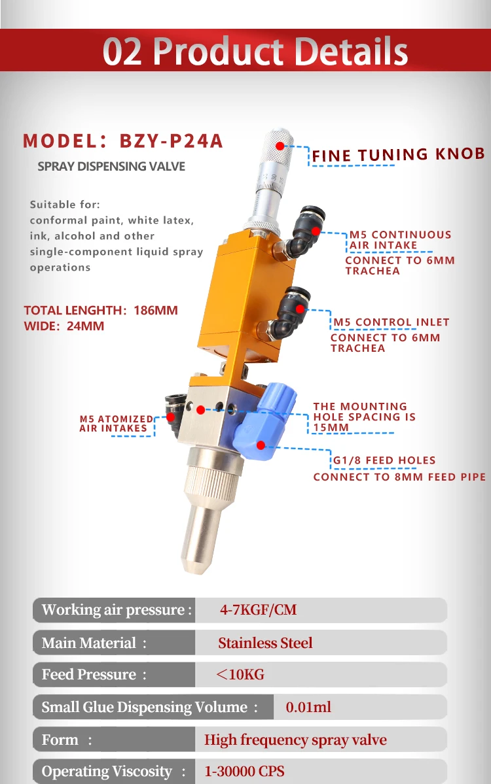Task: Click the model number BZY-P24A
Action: pyautogui.click(x=172, y=141)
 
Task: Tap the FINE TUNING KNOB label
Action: pyautogui.click(x=398, y=155)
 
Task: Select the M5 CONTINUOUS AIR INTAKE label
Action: pyautogui.click(x=400, y=239)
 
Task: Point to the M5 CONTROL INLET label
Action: pyautogui.click(x=391, y=322)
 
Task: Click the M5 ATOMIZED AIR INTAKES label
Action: pyautogui.click(x=116, y=424)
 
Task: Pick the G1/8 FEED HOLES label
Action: pyautogui.click(x=384, y=460)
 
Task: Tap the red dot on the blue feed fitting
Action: pyautogui.click(x=261, y=445)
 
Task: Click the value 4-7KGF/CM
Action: pyautogui.click(x=258, y=610)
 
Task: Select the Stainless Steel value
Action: pyautogui.click(x=265, y=643)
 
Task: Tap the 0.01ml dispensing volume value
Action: pyautogui.click(x=308, y=707)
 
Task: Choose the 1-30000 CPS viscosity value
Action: pyautogui.click(x=244, y=772)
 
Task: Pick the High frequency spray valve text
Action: pyautogui.click(x=295, y=740)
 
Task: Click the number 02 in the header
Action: pyautogui.click(x=122, y=52)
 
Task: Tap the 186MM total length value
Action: pyautogui.click(x=156, y=310)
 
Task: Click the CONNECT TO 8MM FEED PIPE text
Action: pyautogui.click(x=399, y=477)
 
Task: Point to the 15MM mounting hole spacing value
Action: pyautogui.click(x=331, y=427)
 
